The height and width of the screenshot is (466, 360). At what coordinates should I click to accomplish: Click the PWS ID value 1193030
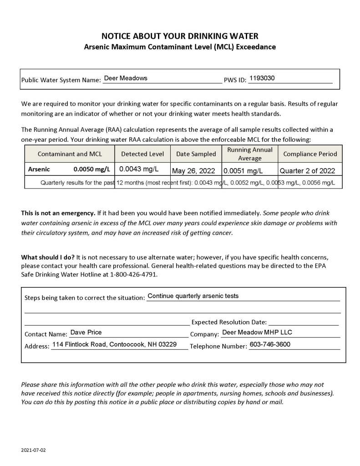[x=262, y=78]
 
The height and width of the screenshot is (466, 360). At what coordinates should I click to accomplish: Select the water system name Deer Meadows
[x=126, y=78]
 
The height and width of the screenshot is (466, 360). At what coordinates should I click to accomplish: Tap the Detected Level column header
[x=142, y=154]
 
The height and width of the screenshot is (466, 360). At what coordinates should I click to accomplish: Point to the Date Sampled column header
[x=196, y=154]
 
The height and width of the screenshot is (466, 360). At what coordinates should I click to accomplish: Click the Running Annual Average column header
[x=250, y=154]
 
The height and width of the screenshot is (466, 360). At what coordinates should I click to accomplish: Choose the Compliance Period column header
[x=310, y=154]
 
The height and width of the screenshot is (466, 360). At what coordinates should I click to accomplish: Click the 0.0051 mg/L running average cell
[x=243, y=171]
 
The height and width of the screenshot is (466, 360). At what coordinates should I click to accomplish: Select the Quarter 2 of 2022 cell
[x=307, y=171]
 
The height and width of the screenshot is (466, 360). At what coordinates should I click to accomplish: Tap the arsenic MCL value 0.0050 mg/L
[x=92, y=169]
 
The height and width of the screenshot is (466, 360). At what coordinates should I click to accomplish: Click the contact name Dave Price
[x=86, y=333]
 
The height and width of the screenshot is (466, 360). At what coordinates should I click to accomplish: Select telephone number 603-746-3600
[x=270, y=344]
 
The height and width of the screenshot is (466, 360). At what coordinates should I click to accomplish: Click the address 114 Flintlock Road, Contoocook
[x=114, y=344]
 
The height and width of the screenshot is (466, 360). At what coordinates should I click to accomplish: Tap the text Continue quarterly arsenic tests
[x=193, y=296]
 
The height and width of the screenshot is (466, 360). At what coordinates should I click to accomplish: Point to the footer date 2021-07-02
[x=34, y=450]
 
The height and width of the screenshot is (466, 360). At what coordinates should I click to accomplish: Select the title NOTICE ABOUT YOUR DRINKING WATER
[x=180, y=36]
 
